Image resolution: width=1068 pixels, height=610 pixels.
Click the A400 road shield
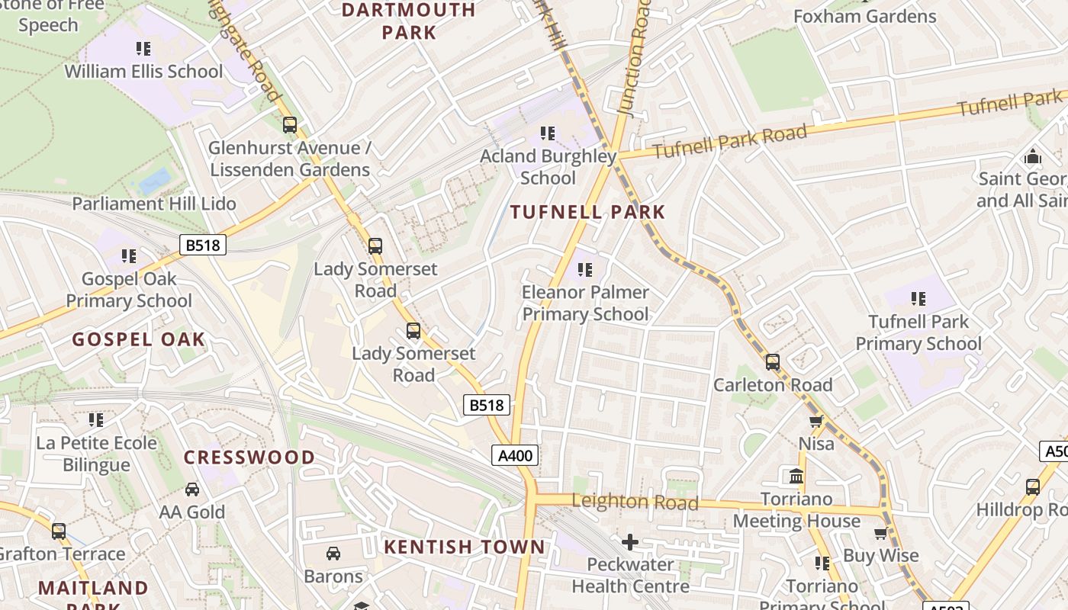pos(515,456)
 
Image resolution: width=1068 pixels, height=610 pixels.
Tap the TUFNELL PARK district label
pos(587,213)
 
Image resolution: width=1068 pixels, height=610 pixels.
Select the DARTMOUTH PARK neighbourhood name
pos(408,21)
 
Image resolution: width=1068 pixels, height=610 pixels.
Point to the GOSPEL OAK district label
pos(139,340)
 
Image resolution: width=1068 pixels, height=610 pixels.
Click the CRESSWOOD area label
pos(249,457)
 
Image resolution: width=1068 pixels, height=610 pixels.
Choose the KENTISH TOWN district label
pos(465,547)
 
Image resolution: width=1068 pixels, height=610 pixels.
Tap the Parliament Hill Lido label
pos(154,204)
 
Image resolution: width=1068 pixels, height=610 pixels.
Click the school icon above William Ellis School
pos(143,50)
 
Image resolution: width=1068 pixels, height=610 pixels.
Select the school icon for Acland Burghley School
pos(547,134)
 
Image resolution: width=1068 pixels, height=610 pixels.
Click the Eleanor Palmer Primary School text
pos(585,303)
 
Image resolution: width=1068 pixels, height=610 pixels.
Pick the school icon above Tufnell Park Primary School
pos(918,299)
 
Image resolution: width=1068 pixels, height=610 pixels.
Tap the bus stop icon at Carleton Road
pos(773,362)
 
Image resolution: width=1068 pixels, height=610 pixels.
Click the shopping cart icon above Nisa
pos(815,422)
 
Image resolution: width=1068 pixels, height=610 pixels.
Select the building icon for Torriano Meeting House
pos(796,477)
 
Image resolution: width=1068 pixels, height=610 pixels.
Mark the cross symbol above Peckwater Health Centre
pos(629,542)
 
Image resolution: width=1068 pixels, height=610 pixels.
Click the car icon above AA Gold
pos(192,490)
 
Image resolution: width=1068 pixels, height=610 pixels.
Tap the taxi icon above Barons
pos(333,554)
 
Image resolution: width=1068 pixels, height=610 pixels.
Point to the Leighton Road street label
pos(635,502)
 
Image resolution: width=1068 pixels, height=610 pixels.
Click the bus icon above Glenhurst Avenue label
pos(290,125)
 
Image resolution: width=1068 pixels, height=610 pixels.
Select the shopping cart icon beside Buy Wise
pos(881,534)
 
